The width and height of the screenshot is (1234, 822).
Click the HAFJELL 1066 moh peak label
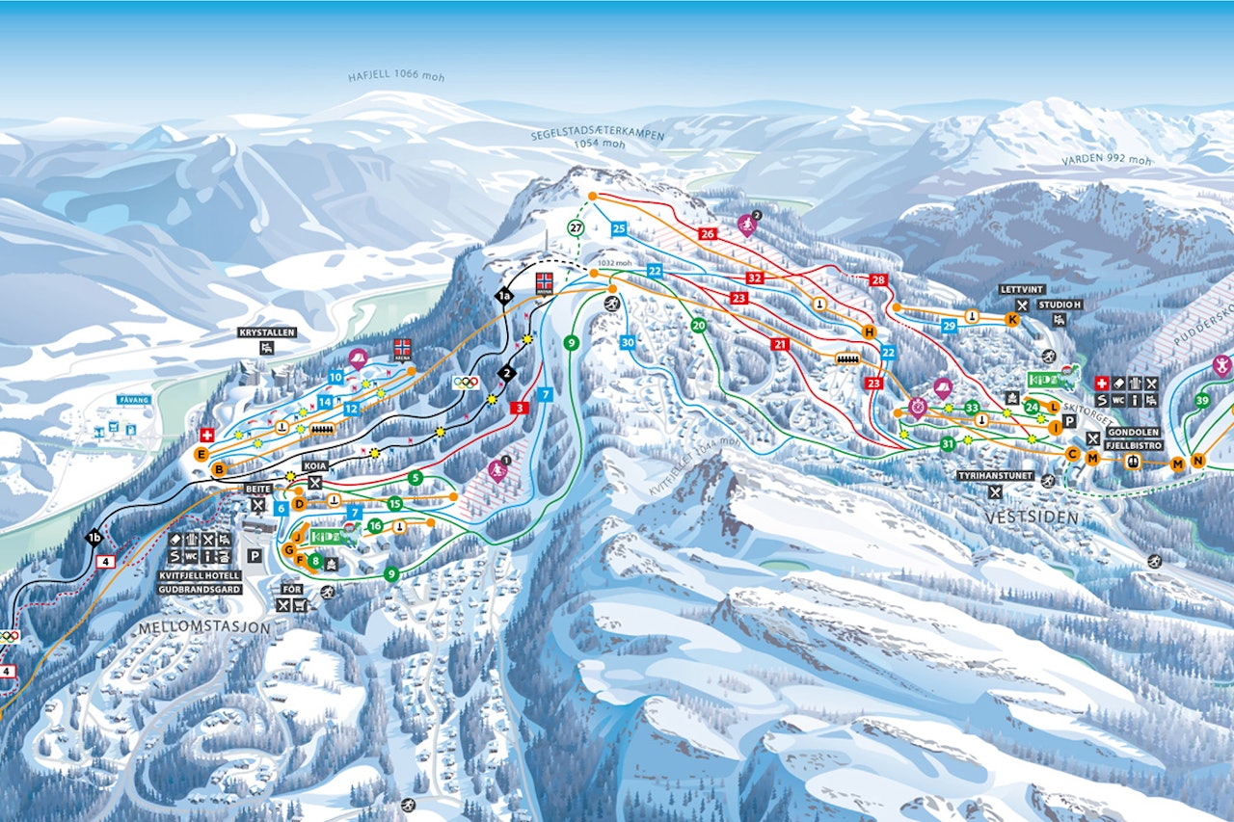coord(396,77)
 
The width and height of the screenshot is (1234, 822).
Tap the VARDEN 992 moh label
coord(1107,160)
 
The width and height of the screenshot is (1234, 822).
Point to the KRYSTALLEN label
coord(267,332)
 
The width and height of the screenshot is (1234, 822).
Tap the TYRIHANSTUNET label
coord(995,476)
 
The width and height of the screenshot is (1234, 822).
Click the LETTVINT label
coord(1022,289)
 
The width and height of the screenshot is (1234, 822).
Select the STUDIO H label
coord(1060,305)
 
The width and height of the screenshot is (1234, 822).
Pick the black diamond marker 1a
coord(503,296)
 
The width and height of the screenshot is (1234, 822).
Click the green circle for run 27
coord(576,228)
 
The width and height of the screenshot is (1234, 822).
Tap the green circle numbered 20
coord(699,326)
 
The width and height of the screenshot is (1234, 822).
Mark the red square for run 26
coord(708,233)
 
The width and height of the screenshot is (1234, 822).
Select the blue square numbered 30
coord(628,342)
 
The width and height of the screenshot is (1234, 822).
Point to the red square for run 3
coord(521,409)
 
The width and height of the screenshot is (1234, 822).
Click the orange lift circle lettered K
coord(1012,319)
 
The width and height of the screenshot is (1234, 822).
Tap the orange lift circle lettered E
coord(201,454)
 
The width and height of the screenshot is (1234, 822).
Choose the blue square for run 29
coord(949,326)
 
